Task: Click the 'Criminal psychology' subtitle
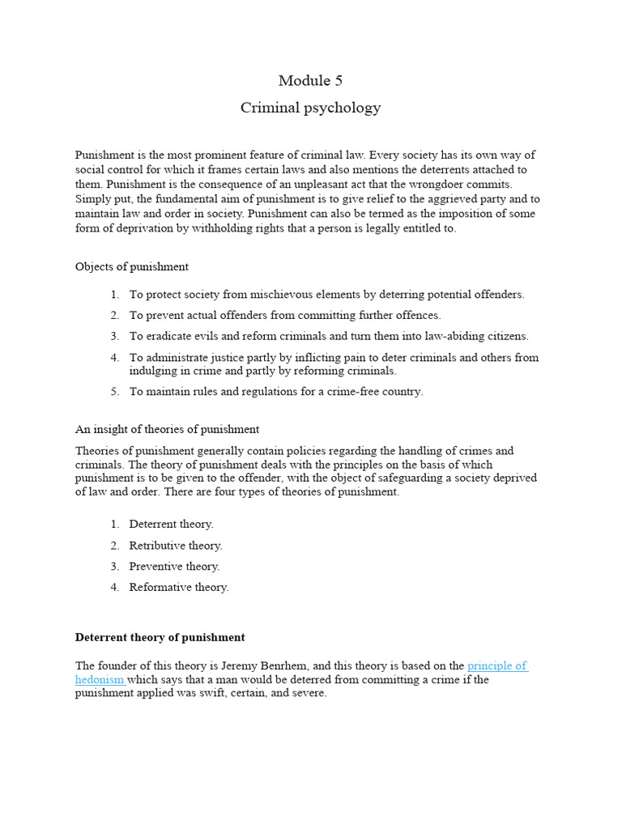(x=310, y=108)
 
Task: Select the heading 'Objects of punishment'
(x=131, y=267)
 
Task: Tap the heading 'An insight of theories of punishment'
(x=167, y=429)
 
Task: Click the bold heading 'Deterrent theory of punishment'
(x=160, y=637)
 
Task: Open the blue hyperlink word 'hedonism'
(x=99, y=680)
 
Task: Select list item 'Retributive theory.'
(x=176, y=546)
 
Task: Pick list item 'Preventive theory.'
(x=174, y=567)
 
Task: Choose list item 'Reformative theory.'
(x=179, y=588)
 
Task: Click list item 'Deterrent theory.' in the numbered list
(x=171, y=525)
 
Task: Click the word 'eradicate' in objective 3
(x=169, y=337)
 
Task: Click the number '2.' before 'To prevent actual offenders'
(x=114, y=316)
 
